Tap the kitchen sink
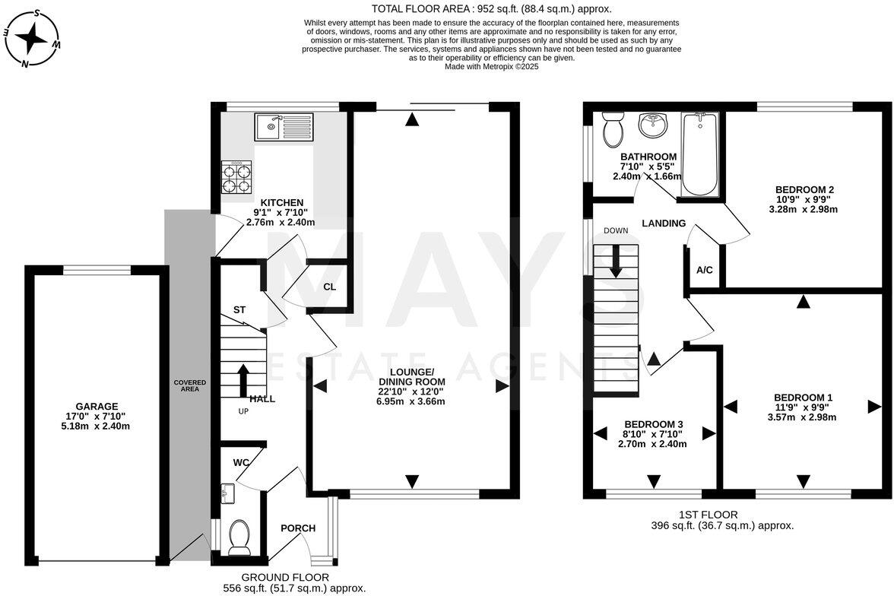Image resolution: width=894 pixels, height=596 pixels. point(283,126)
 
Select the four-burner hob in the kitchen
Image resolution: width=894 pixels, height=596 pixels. point(236,177)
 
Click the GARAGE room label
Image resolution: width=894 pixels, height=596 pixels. point(96,406)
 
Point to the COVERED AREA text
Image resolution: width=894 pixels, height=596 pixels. point(185,385)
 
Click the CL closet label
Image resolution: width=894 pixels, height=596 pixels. point(329,287)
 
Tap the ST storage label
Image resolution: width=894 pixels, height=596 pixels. point(239,309)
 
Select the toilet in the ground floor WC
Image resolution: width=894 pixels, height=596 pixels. point(239,534)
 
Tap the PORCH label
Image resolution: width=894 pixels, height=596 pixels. point(298,528)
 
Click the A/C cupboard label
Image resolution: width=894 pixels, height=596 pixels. point(704,270)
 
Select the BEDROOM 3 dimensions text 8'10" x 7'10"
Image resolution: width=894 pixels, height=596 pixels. point(653,434)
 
